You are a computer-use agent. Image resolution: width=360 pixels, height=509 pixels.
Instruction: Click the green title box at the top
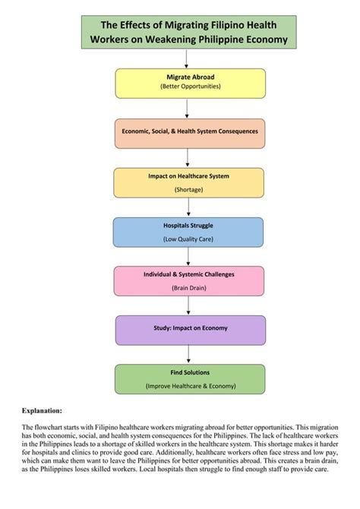[189, 32]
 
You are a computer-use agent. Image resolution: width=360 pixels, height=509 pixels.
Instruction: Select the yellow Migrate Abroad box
[190, 83]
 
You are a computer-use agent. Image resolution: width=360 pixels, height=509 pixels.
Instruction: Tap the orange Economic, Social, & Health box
[190, 132]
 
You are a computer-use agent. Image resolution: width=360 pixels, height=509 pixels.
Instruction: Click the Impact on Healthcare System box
[189, 182]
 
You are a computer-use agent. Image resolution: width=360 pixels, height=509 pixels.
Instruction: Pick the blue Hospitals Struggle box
[188, 232]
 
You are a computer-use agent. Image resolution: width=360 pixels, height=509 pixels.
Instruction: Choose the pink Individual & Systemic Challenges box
[189, 280]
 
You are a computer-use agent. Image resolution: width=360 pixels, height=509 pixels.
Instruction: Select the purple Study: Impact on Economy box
[190, 330]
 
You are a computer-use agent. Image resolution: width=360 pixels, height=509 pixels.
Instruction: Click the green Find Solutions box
[190, 379]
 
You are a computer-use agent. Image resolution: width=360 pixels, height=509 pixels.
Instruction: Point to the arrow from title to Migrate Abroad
[189, 59]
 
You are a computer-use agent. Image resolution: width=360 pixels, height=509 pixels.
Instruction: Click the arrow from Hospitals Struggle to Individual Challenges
[188, 256]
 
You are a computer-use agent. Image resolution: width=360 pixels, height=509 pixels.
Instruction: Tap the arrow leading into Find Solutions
[189, 355]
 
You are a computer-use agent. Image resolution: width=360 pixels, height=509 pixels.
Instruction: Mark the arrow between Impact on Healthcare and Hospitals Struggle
[188, 207]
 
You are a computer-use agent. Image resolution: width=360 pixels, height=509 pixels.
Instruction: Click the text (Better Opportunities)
[190, 87]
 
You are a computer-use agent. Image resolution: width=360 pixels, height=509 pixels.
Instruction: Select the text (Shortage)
[188, 189]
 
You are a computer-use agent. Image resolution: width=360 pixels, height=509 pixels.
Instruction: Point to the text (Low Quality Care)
[188, 239]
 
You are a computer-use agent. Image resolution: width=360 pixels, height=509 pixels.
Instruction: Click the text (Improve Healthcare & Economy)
[190, 386]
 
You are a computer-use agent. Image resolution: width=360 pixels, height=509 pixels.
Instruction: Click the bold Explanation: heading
[42, 410]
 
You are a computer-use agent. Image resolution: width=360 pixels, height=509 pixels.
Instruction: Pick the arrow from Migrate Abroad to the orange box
[189, 108]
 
